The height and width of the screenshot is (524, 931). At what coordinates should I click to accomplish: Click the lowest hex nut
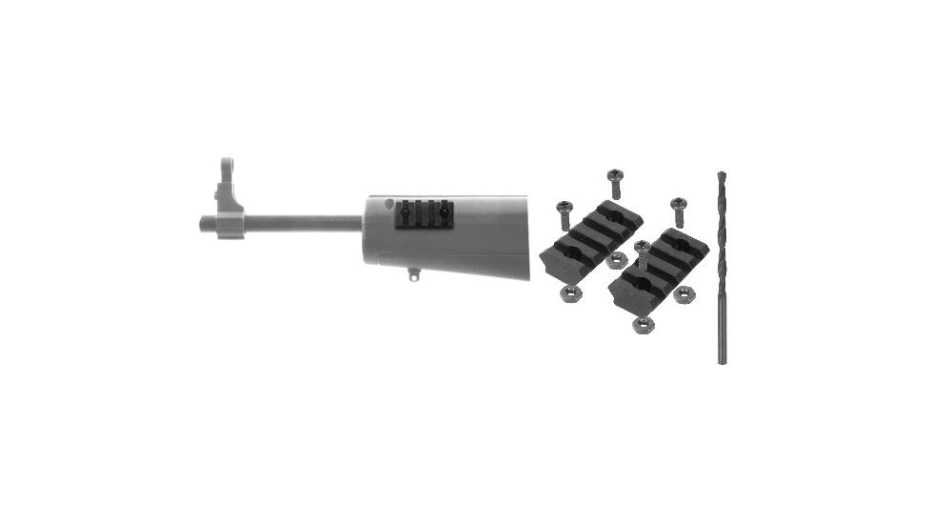(x=643, y=326)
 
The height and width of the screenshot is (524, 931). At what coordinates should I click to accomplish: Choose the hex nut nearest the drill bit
(x=682, y=295)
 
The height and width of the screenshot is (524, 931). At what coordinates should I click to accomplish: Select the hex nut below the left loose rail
(x=569, y=292)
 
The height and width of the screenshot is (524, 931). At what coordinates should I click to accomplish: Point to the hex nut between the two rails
(x=616, y=259)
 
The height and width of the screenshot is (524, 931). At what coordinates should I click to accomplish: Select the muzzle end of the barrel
(x=204, y=224)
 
